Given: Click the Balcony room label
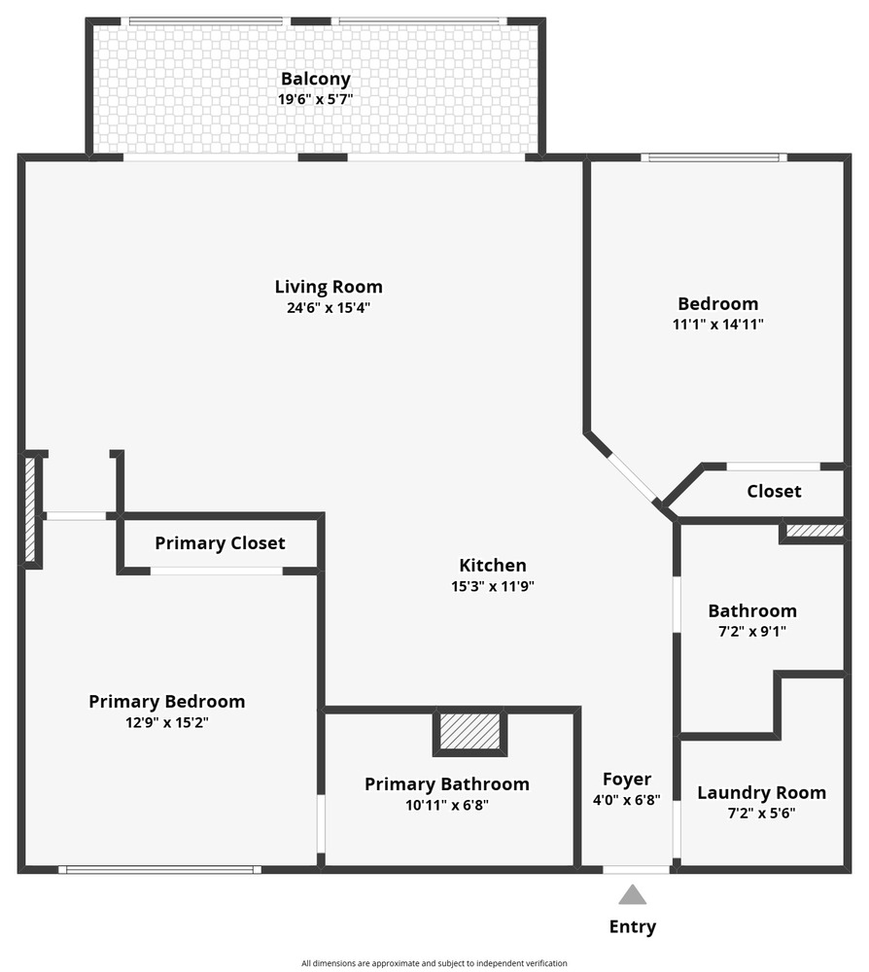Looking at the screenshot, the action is point(316,79).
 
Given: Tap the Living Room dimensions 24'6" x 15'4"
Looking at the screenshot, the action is point(329,307).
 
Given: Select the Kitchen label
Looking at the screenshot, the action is point(493,566).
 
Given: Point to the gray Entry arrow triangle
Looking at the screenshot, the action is point(632,894).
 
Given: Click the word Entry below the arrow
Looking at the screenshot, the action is point(632,926).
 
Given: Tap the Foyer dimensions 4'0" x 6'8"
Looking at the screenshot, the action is point(627,800).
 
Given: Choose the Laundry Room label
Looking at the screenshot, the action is point(761,793).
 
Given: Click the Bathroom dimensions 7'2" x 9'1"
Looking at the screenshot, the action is point(752,631).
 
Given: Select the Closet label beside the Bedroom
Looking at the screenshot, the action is point(774,492).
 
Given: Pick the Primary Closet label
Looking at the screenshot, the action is point(220,543).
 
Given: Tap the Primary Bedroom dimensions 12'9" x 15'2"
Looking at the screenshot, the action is point(167,722).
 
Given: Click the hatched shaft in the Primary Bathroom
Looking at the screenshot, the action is point(469,731).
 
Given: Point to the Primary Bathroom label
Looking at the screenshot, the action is point(447,784).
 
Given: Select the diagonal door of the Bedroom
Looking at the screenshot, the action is point(634,476).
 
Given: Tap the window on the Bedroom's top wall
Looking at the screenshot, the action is point(714,157).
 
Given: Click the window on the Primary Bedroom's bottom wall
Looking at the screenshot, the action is point(160,870).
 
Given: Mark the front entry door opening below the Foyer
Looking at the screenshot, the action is point(637,870).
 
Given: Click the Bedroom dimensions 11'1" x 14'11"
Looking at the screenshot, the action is point(717,325).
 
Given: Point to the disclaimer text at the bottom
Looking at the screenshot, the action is point(434,963).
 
